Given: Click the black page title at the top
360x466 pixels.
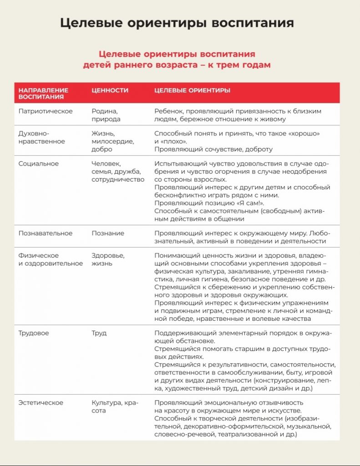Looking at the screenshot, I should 177,23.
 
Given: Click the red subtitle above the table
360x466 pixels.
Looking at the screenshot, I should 177,59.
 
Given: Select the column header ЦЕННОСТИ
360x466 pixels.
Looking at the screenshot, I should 110,90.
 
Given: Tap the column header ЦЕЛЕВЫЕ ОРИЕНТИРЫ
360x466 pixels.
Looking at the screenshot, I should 192,90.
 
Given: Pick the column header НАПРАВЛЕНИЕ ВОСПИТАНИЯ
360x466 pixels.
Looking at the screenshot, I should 44,93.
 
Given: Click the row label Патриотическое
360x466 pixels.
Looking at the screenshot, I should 46,111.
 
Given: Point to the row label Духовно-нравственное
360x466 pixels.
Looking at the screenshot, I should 42,137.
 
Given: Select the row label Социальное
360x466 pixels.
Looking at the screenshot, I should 39,163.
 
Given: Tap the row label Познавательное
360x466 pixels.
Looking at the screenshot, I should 46,233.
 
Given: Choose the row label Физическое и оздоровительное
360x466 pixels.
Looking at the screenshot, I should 51,259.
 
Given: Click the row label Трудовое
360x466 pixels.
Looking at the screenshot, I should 34,333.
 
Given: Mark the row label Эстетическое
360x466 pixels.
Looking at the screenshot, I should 41,402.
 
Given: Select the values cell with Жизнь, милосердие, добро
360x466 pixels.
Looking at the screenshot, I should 112,141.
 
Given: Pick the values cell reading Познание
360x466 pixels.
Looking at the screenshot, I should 108,233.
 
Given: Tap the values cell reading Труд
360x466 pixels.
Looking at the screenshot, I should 99,333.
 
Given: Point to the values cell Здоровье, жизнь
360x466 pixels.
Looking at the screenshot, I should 108,259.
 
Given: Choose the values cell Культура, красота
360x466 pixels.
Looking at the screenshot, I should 115,406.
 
